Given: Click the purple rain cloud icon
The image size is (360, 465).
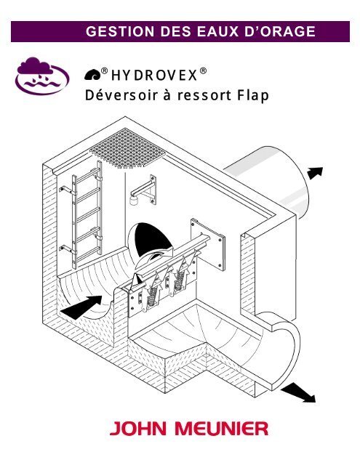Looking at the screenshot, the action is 42,76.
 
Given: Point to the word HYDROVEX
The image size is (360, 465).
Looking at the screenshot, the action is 154,76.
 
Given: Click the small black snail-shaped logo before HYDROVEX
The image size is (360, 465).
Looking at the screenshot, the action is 92,75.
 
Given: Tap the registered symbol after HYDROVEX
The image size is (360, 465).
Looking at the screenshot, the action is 203,71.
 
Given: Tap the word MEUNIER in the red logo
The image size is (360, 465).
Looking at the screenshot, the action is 221,429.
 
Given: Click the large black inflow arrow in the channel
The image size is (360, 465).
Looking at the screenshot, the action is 81,307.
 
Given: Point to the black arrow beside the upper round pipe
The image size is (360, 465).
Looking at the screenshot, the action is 315,173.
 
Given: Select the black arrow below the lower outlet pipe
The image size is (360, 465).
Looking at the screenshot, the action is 298,392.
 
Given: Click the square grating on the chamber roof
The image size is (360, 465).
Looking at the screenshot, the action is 127,148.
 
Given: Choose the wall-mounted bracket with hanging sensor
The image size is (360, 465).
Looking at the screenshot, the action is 144,190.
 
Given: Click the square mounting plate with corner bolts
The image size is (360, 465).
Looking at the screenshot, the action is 208,244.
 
